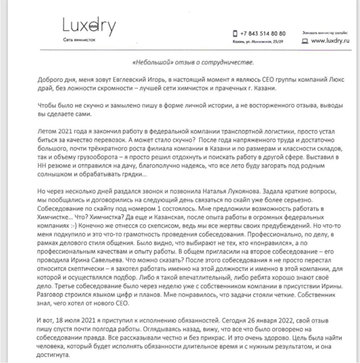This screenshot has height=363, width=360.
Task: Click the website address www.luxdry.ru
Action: (330, 41)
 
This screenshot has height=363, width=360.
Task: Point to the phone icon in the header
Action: (235, 34)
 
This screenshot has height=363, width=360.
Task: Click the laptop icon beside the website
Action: (304, 41)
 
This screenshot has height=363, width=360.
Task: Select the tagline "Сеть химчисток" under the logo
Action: (79, 40)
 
